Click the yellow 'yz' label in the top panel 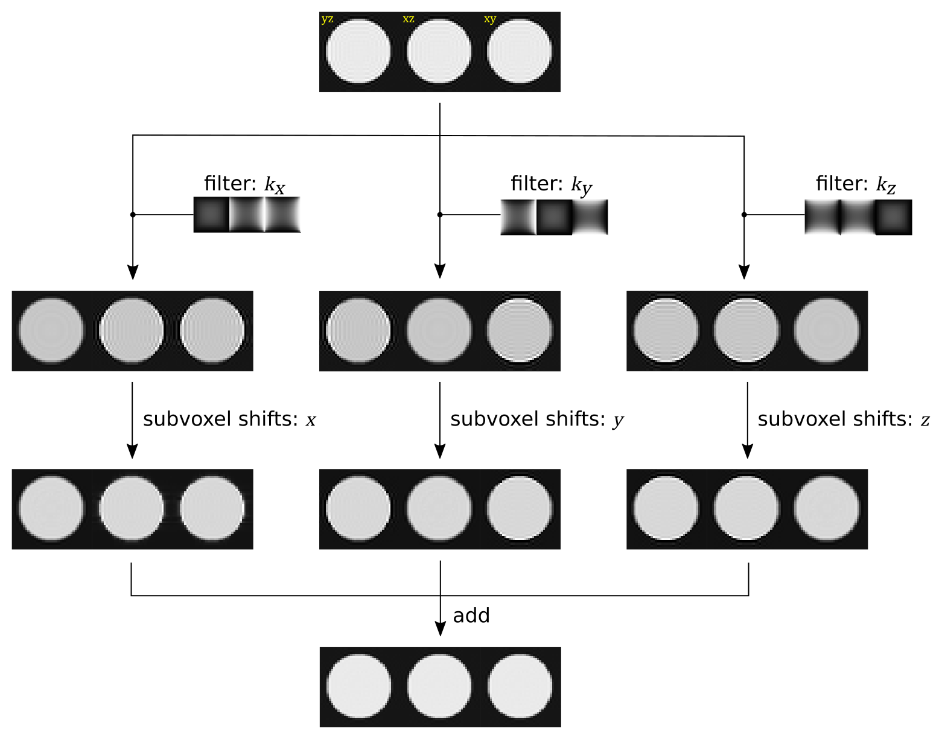coord(327,19)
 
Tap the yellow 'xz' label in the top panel coord(409,19)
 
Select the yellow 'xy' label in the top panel coord(490,19)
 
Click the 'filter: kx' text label coord(244,184)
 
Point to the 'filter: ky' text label coord(551,184)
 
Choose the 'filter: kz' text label coord(856,184)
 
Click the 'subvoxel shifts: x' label coord(229,420)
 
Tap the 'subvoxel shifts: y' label coord(536,420)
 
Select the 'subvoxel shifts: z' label coord(844,420)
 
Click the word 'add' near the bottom coord(471,616)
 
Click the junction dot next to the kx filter coord(133,215)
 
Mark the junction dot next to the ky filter coord(440,215)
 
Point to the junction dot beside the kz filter coord(744,215)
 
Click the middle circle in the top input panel coord(439,51)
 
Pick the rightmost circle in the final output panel coord(520,686)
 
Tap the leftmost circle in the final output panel coord(359,686)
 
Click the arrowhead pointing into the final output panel coord(440,629)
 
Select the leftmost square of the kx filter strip coord(211,215)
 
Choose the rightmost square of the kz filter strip coord(894,217)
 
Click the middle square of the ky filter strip coord(554,217)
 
